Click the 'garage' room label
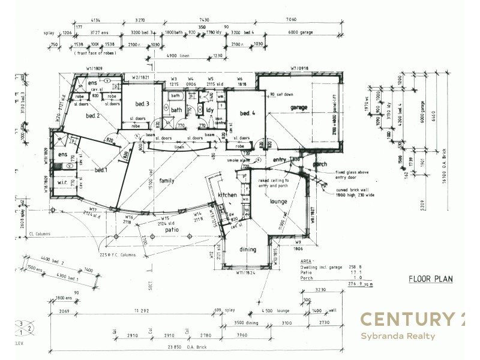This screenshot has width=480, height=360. click(299, 108)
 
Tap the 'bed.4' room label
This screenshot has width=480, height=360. click(248, 113)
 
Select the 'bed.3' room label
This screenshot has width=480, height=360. click(142, 104)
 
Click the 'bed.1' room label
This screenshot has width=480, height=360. click(101, 170)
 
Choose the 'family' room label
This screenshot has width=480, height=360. click(167, 181)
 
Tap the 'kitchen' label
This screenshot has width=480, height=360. click(228, 196)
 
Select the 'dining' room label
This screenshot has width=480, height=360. click(247, 250)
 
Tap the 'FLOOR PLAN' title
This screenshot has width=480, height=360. click(430, 278)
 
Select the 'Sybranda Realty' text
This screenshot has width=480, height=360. click(397, 336)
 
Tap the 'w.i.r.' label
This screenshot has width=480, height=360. click(64, 183)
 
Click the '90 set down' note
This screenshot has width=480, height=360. click(281, 94)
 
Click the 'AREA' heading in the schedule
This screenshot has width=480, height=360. click(306, 262)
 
